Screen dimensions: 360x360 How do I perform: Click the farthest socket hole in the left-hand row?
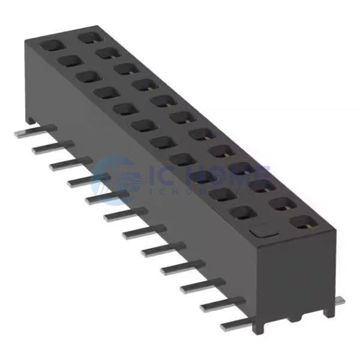click(50, 45)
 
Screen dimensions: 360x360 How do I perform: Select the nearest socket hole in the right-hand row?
click(301, 223)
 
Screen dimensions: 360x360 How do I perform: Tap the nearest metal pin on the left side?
click(234, 325)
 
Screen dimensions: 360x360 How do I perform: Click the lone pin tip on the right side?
click(340, 301)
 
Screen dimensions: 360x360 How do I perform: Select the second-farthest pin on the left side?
click(50, 147)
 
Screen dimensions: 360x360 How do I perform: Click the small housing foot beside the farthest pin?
click(30, 121)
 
